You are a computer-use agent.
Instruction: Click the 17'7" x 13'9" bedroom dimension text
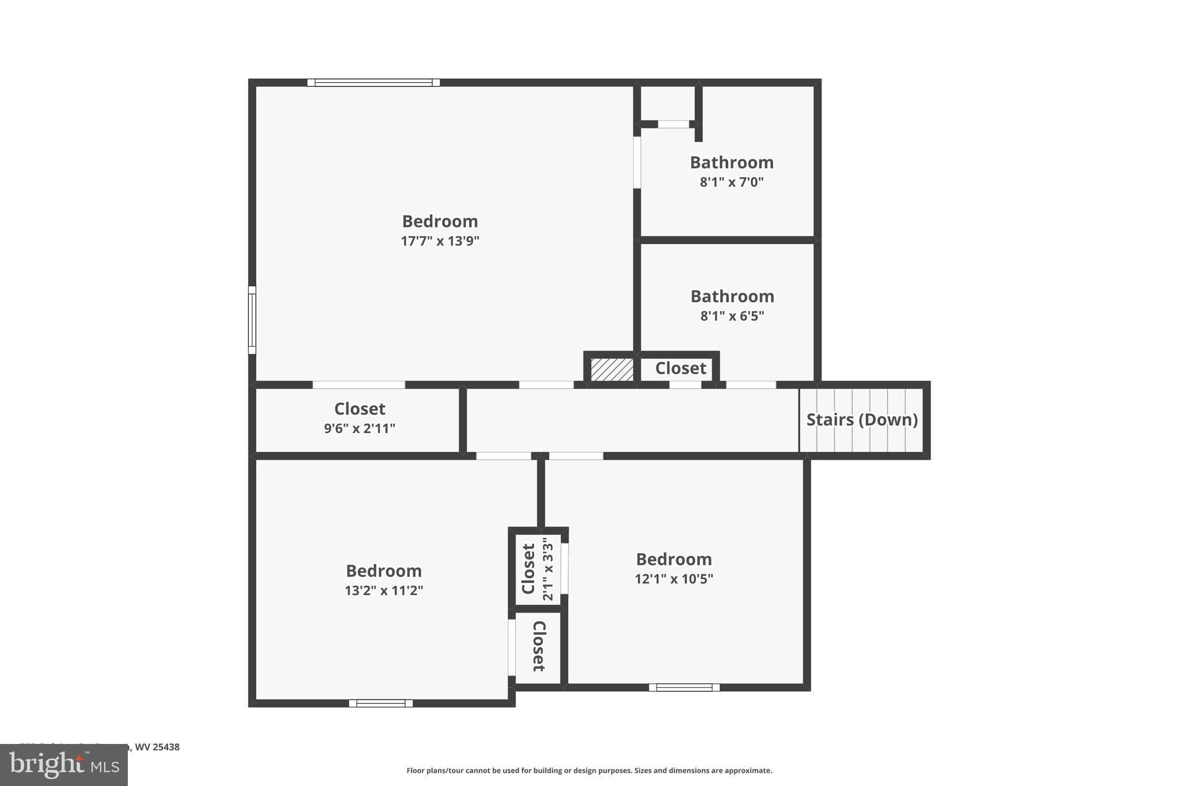(x=440, y=241)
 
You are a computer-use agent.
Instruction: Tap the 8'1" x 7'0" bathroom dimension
(x=732, y=182)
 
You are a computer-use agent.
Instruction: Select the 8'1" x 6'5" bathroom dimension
(x=732, y=316)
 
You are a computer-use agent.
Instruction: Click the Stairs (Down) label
(x=862, y=420)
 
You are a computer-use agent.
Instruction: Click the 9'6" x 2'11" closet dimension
(x=359, y=428)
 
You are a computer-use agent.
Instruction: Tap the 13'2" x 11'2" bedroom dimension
(x=384, y=590)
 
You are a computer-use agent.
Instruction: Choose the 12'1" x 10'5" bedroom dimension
(x=674, y=579)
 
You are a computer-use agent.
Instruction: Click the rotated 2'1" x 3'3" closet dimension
(x=547, y=569)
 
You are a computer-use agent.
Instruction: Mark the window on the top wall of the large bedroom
(x=373, y=83)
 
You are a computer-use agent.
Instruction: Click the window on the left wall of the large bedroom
(x=252, y=320)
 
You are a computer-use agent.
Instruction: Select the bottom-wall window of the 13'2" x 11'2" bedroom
(x=381, y=703)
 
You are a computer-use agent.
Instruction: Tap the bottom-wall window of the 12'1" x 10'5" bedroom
(x=684, y=687)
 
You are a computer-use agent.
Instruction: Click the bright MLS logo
(x=64, y=765)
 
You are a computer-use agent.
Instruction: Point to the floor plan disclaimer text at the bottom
(x=589, y=770)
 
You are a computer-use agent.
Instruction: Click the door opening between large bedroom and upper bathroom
(x=637, y=162)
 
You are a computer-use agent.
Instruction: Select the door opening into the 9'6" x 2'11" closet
(x=359, y=385)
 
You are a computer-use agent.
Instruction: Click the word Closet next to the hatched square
(x=680, y=369)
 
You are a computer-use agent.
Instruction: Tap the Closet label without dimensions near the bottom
(x=538, y=646)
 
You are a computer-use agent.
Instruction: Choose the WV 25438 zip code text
(x=157, y=747)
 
